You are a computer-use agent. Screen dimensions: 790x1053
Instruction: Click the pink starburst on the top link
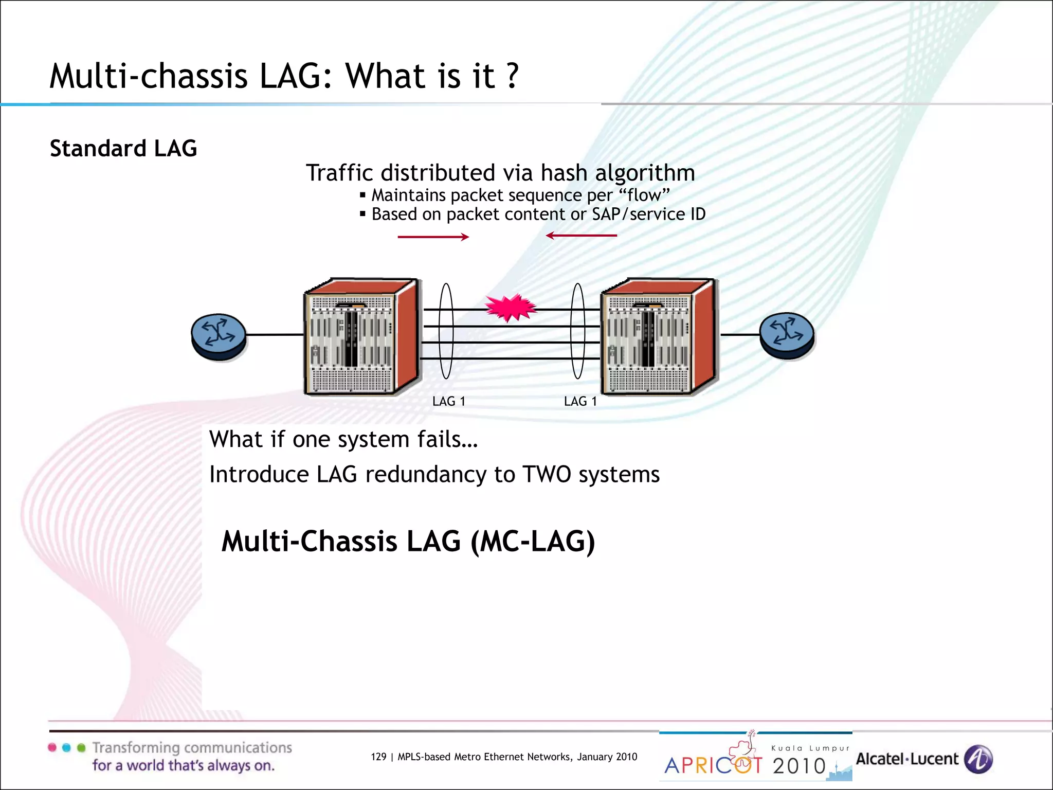click(x=511, y=308)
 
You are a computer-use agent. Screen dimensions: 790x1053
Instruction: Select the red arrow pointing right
click(x=433, y=237)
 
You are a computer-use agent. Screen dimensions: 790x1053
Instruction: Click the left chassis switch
click(x=361, y=337)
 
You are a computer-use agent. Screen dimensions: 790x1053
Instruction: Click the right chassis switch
click(x=658, y=337)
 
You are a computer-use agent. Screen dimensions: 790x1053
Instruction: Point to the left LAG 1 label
click(x=448, y=401)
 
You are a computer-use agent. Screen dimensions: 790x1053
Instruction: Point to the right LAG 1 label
click(x=580, y=401)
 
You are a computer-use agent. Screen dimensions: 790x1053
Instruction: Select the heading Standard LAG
click(x=123, y=149)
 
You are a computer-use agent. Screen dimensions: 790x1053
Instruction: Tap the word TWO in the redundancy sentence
click(x=547, y=474)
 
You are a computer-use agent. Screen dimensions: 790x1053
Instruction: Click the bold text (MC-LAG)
click(x=533, y=542)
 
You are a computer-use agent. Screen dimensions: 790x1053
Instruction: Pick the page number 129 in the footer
click(x=378, y=757)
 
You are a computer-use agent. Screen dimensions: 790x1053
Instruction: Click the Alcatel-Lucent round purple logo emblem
click(x=978, y=759)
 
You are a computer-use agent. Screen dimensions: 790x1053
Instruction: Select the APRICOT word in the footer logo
click(x=714, y=766)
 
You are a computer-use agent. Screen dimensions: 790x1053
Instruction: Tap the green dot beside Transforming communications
click(x=81, y=748)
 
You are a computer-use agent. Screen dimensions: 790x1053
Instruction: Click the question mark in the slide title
click(x=512, y=76)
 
